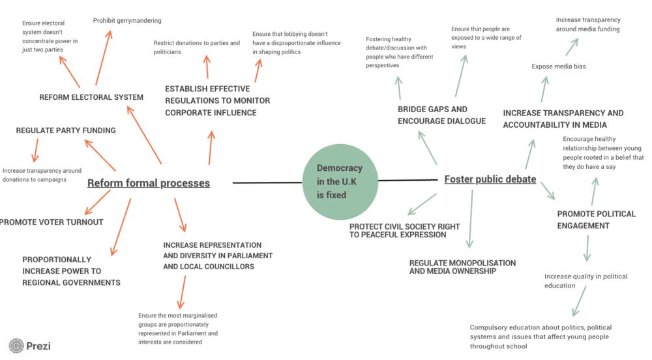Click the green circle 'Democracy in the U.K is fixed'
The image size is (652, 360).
(340, 181)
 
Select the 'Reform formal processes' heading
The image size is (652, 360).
(149, 183)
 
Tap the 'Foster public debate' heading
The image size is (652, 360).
(490, 179)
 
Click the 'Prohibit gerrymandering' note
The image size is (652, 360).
(127, 21)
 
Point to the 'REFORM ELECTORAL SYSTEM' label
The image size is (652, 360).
(91, 98)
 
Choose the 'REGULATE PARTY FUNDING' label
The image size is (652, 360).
(66, 130)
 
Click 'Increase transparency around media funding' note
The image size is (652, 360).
(587, 25)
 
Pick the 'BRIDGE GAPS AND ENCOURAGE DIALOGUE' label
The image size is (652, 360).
(441, 115)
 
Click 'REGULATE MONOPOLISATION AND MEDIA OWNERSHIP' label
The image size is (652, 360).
(462, 267)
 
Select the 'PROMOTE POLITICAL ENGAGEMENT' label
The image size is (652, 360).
(596, 220)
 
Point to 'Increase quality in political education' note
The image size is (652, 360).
(585, 281)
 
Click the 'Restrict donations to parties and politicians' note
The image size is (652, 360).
(196, 48)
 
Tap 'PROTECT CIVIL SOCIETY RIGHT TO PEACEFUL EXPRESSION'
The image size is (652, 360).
(404, 230)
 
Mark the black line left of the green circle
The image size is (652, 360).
(267, 183)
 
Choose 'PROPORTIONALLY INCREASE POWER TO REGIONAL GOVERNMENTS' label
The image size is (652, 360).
(71, 271)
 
